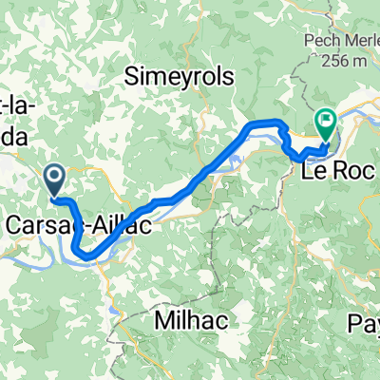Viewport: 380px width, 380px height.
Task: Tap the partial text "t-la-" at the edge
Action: pyautogui.click(x=20, y=106)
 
